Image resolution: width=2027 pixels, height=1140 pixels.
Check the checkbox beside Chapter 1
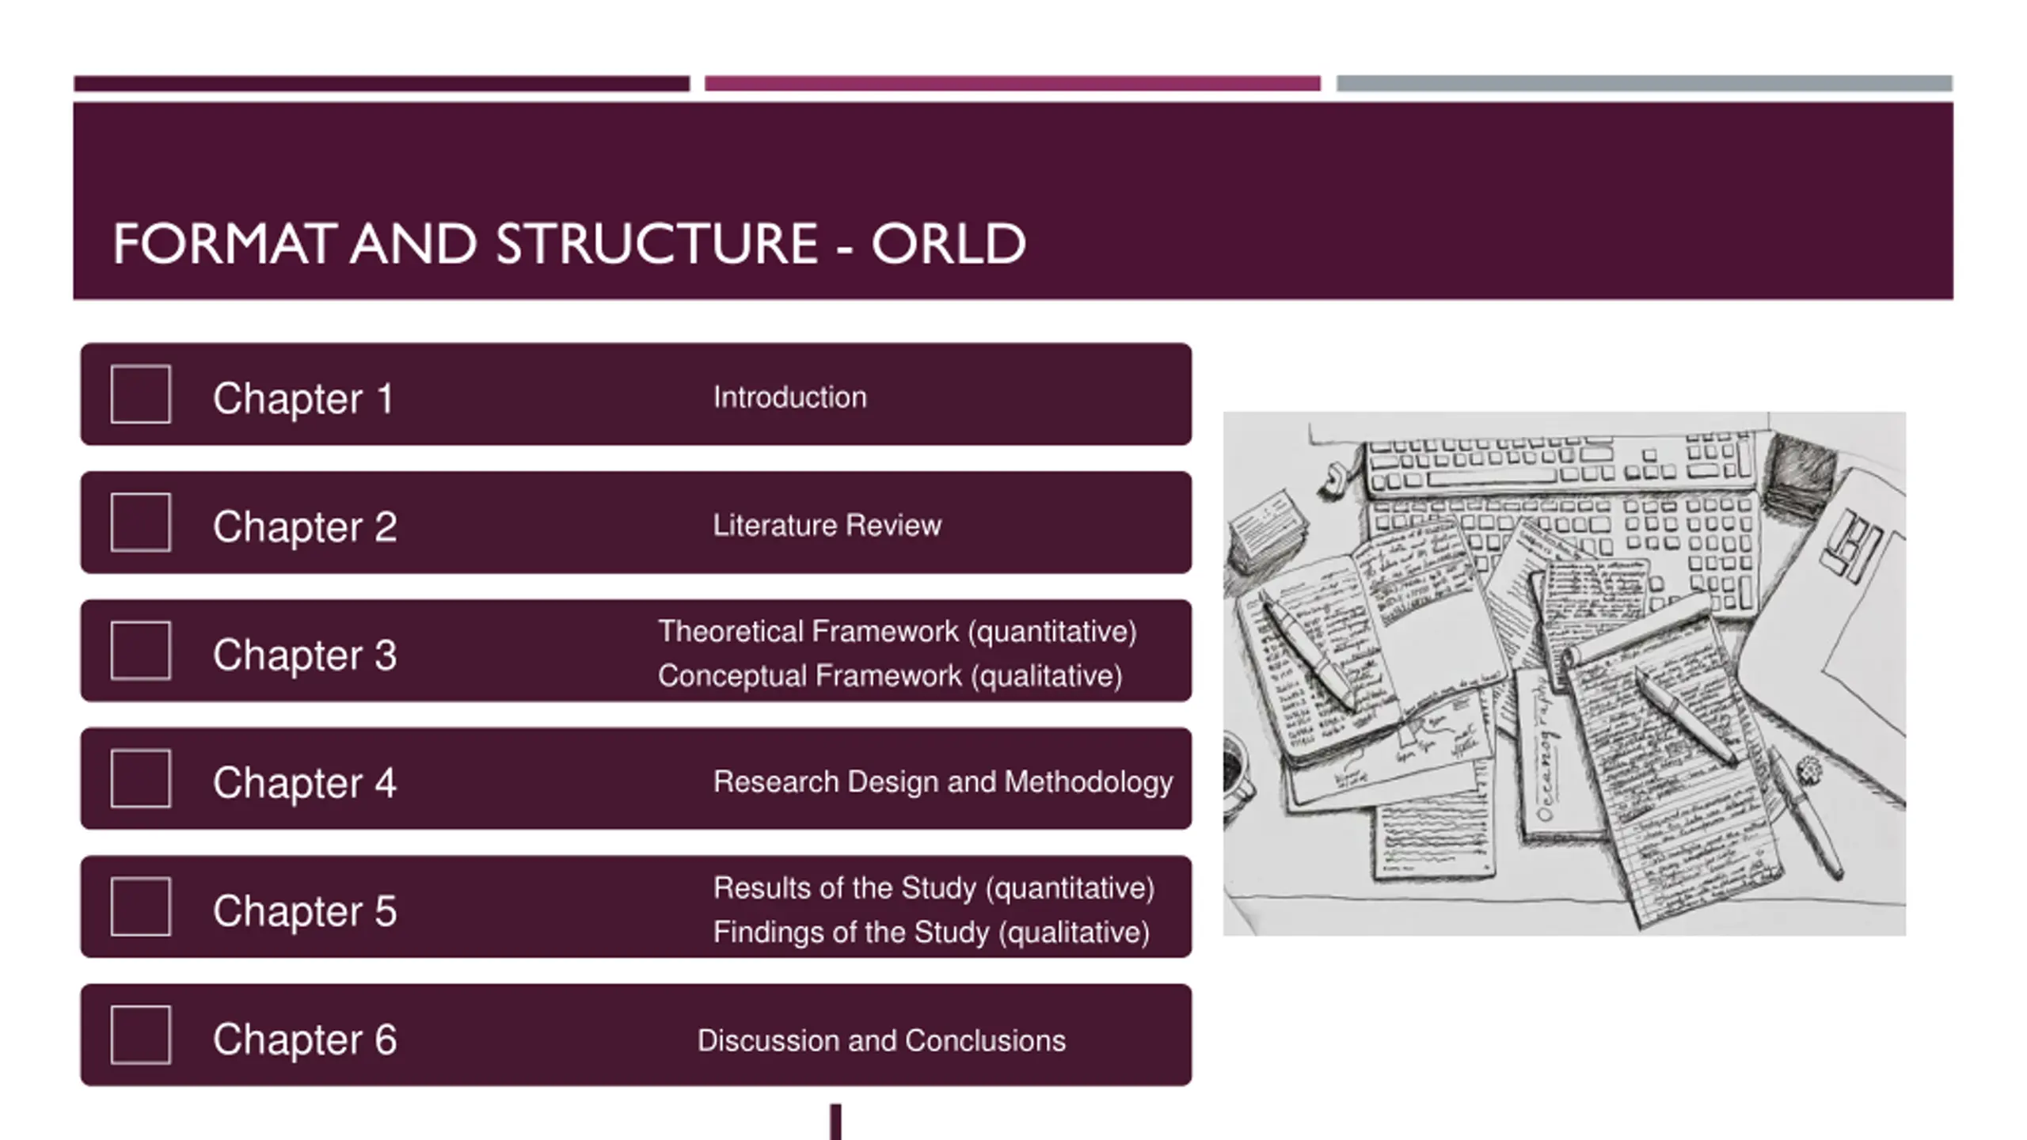141,394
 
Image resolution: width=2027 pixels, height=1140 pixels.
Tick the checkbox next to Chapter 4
141,779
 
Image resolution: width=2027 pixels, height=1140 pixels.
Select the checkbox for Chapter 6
141,1035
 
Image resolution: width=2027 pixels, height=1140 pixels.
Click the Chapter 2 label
305,526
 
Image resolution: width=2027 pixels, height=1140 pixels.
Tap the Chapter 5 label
305,910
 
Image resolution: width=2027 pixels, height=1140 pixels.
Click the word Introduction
789,397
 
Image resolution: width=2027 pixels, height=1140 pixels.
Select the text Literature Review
827,526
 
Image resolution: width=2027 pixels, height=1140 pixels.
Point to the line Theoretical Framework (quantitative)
897,632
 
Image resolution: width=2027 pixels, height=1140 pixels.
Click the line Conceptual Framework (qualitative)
890,676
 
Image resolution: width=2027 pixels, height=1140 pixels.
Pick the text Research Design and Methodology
942,782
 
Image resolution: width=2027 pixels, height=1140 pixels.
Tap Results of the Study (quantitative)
934,888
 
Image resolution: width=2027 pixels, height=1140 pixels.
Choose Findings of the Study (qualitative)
931,933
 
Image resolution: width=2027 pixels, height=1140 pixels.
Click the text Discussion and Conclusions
881,1041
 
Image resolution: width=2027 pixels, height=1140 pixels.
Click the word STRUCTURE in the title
656,244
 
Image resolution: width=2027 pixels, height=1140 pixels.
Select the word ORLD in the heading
948,244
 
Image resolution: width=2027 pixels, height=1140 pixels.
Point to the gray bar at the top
1644,83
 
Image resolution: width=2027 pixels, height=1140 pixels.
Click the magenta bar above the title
1012,83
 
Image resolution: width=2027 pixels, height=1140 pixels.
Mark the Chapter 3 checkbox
141,651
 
